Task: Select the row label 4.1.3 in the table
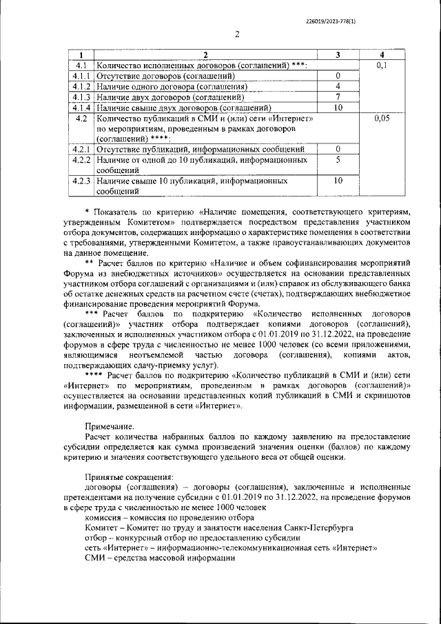pos(82,97)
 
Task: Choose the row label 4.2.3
pos(82,181)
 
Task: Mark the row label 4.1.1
pos(82,76)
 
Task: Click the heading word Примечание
pos(110,427)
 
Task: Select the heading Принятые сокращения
pos(129,476)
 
